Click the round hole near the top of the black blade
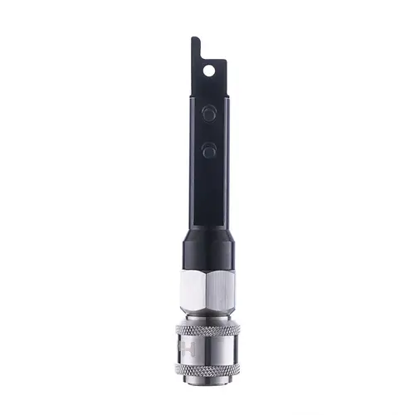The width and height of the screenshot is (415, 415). (x=208, y=70)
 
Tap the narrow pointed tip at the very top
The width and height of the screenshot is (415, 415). (x=194, y=40)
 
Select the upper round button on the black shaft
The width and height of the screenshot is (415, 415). (x=208, y=113)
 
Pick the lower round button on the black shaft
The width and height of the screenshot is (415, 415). (x=208, y=151)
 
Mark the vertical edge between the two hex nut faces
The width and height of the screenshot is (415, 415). (x=206, y=292)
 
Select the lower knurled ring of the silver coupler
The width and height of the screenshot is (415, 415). (x=207, y=369)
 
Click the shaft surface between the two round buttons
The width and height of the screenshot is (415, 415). (x=208, y=132)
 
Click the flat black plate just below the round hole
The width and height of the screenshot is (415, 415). (x=207, y=85)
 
